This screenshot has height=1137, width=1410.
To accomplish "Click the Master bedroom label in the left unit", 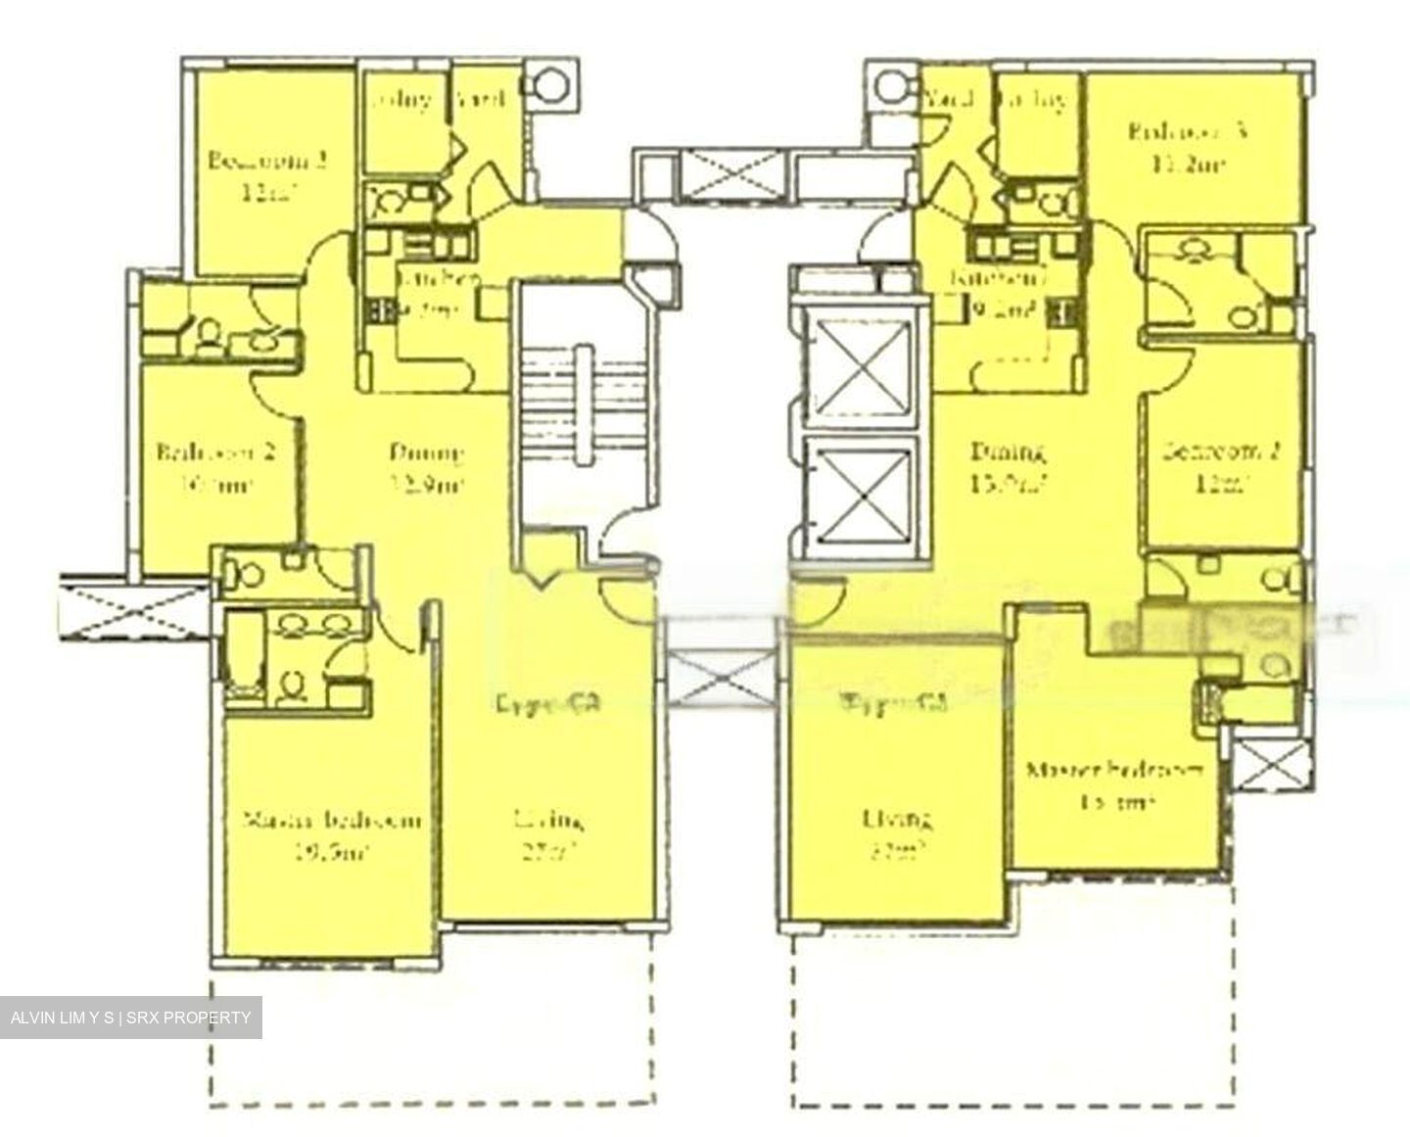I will click(x=333, y=819).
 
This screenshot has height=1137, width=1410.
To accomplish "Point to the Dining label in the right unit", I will click(x=1008, y=452).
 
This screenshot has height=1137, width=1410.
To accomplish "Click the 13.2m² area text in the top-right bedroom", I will click(x=1191, y=165).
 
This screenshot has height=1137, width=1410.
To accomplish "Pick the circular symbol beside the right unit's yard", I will click(x=892, y=84).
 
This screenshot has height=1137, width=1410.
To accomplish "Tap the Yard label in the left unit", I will click(x=480, y=99).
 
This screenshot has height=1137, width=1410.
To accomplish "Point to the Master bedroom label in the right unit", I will click(x=1114, y=770).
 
